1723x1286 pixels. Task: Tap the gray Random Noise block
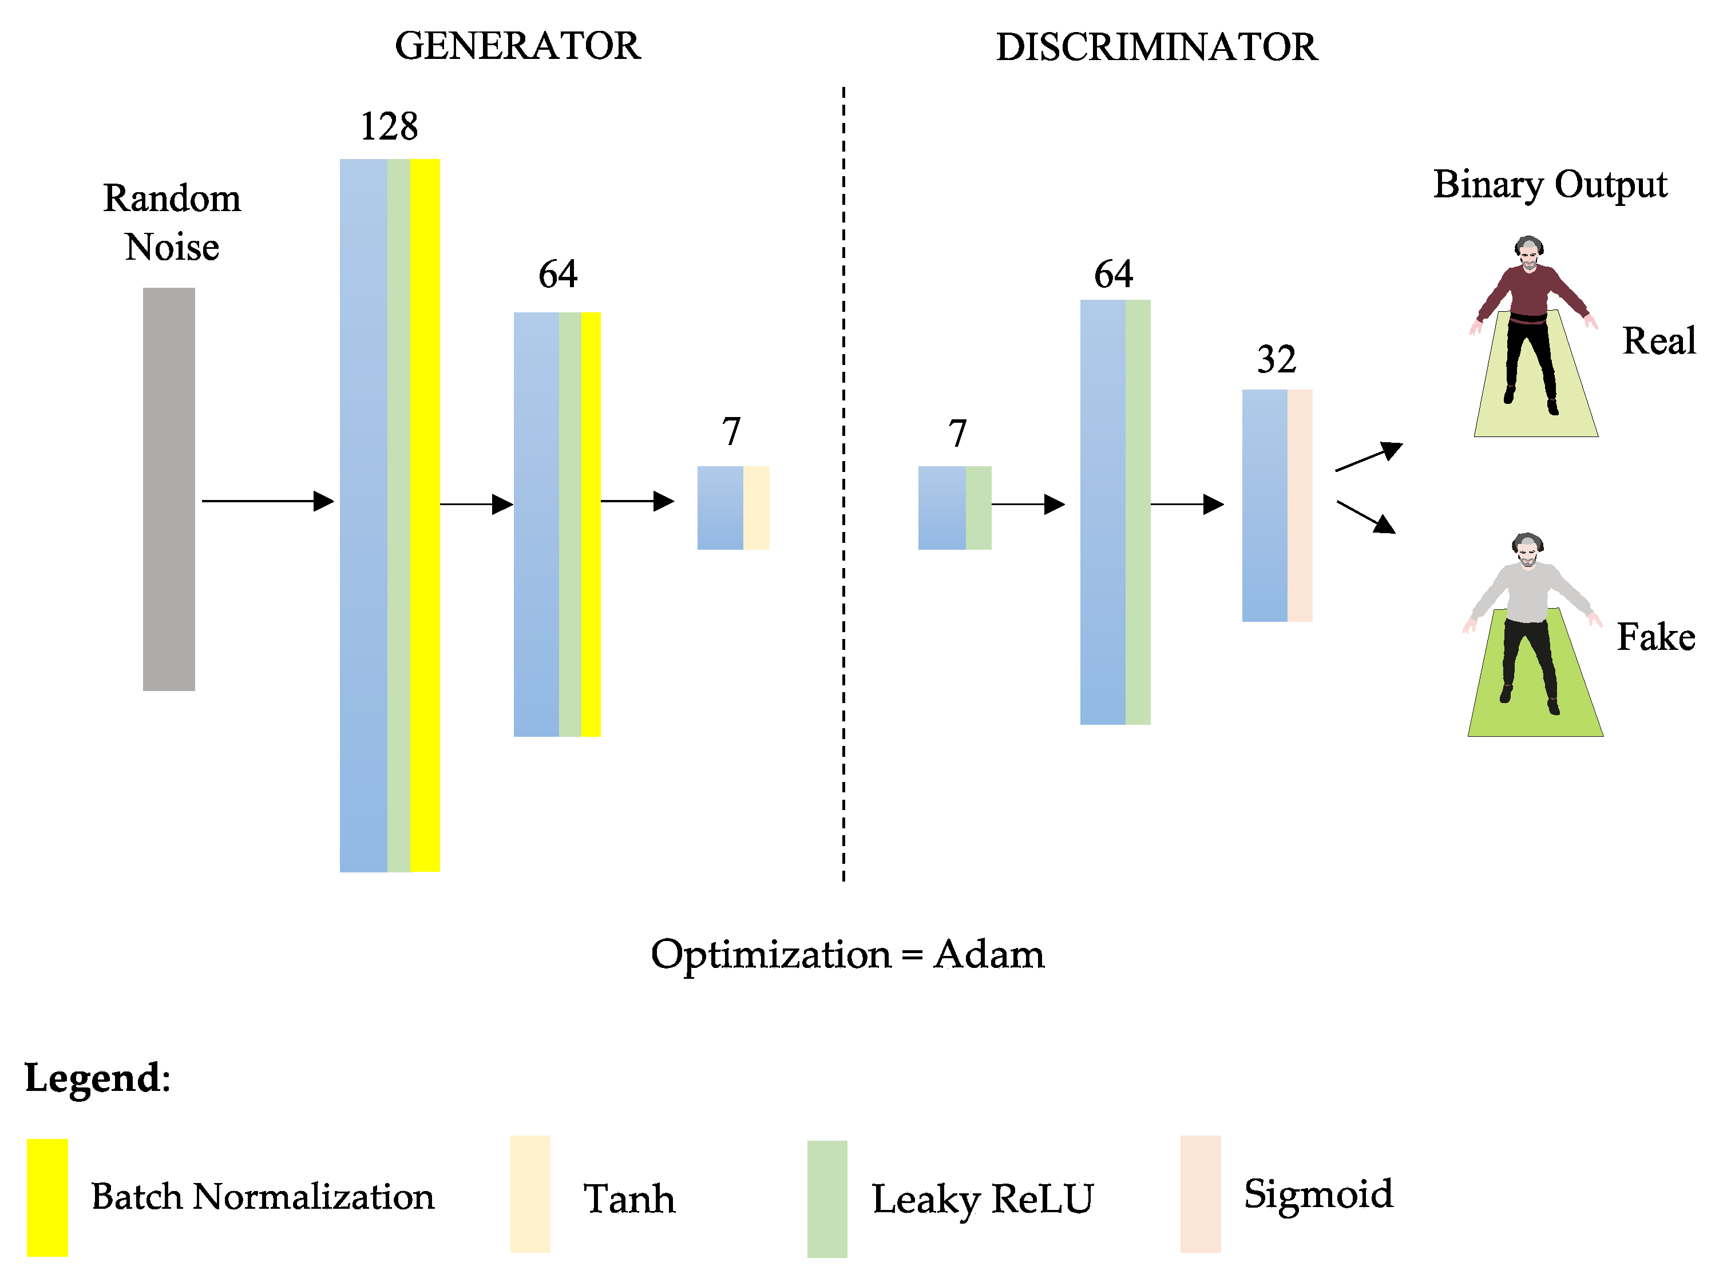[169, 489]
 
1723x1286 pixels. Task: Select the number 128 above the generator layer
[389, 126]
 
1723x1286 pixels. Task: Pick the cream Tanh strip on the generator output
[756, 507]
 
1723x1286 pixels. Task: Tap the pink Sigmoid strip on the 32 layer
[1300, 505]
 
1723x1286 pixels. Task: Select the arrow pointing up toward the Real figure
[1368, 457]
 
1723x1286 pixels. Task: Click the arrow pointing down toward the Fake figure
[1365, 517]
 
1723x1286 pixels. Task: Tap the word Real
[1658, 341]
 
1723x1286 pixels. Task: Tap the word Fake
[1656, 637]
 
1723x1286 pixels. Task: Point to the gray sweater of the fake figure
[1527, 592]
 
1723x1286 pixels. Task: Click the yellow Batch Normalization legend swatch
[47, 1197]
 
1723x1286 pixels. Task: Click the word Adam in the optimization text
[989, 954]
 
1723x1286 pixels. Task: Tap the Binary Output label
[1550, 185]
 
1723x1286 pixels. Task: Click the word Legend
[97, 1078]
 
